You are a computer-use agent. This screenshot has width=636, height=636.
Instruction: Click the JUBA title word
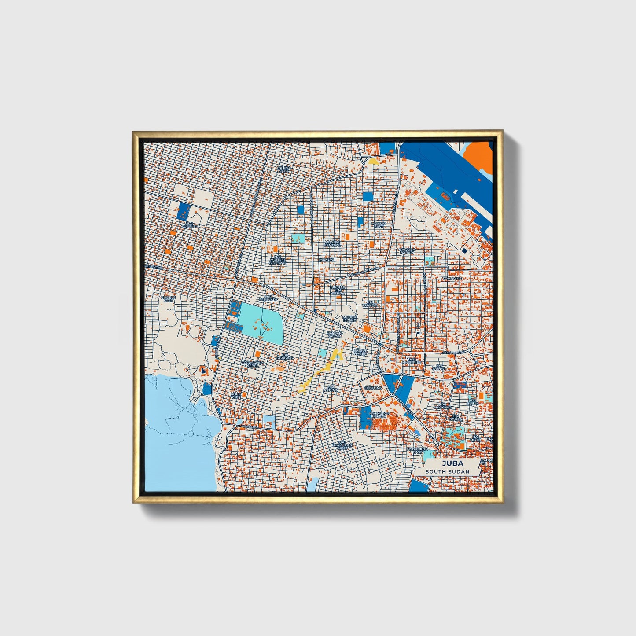447,463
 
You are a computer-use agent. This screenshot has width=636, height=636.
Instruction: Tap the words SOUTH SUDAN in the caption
447,471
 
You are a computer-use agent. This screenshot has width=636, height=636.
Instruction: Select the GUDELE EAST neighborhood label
168,299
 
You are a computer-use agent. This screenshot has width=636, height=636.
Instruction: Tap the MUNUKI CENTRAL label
332,243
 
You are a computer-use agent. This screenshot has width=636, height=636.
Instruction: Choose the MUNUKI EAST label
378,225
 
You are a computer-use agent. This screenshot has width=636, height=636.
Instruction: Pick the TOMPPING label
452,279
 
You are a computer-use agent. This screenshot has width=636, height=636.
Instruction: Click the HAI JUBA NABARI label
407,250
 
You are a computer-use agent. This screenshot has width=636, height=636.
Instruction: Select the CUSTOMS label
374,388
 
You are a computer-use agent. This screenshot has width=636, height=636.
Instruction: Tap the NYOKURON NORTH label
380,415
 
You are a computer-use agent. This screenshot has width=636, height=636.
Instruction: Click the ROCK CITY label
236,394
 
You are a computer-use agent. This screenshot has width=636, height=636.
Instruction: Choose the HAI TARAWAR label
285,357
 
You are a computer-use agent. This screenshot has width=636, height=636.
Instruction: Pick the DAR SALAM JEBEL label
253,364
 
